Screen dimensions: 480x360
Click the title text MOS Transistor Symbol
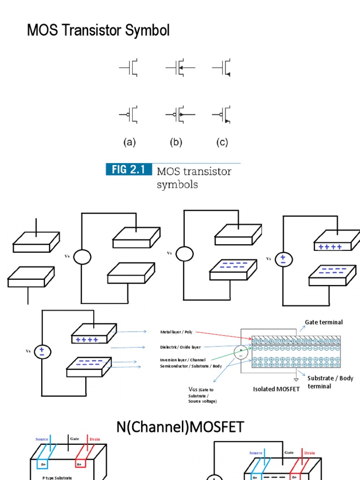98,31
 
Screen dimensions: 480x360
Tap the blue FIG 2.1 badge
129,170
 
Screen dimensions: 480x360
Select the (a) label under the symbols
129,142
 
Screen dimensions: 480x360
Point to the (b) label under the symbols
176,142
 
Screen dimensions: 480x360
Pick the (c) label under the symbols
222,142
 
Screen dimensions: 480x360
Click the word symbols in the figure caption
177,184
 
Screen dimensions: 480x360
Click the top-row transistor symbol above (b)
179,68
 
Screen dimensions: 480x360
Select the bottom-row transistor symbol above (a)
129,114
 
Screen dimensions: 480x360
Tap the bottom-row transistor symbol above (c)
222,114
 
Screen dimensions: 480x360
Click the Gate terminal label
323,322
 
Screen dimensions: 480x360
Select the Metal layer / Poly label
176,332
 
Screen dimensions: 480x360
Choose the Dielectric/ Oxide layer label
180,347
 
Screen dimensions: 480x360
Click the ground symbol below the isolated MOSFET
296,380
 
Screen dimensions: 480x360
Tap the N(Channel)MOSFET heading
180,427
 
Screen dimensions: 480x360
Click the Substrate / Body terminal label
330,382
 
